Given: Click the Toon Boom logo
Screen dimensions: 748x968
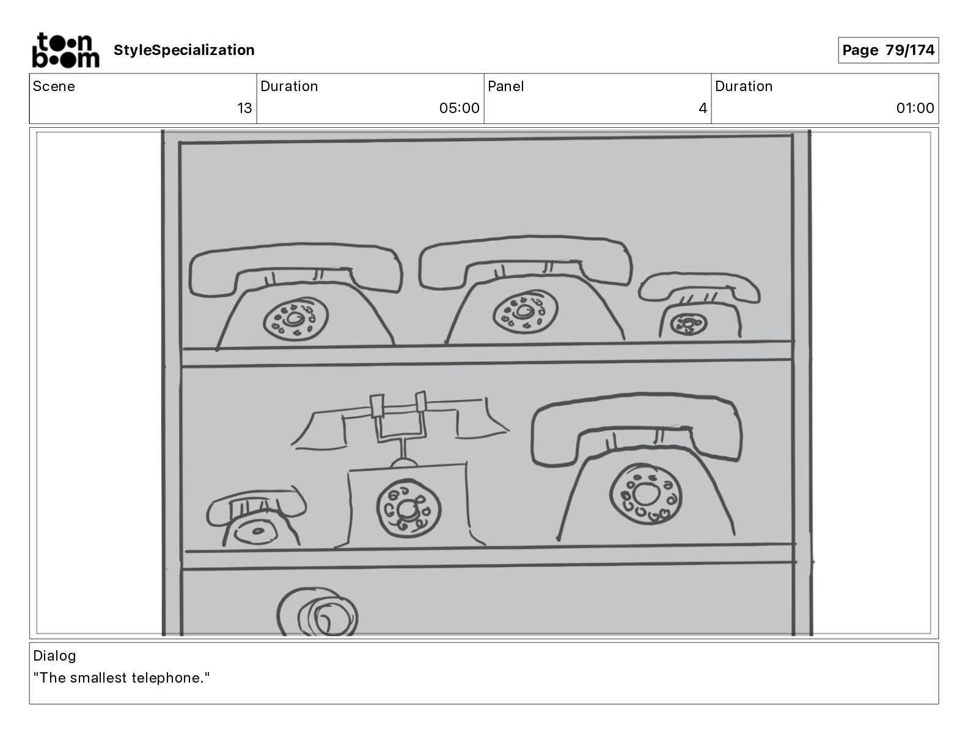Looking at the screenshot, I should (x=65, y=50).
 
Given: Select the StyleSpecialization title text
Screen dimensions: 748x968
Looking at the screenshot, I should (x=184, y=50).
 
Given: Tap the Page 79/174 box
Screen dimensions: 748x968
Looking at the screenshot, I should (x=888, y=50).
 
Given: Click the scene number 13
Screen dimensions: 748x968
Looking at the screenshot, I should (x=244, y=108).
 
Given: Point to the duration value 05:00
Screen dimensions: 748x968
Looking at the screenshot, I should (x=459, y=108).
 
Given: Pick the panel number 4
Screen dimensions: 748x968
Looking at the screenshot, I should (x=703, y=108).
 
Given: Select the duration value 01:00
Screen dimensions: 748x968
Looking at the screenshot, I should (x=915, y=108).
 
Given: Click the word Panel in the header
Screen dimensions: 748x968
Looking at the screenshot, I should (x=505, y=86).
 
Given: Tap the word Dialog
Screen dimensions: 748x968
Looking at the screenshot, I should (x=54, y=656).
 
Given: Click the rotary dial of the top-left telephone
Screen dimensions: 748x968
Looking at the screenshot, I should (x=296, y=319).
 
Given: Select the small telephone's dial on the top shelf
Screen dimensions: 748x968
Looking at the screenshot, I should (x=688, y=324).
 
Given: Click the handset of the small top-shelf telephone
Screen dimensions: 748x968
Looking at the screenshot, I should (x=699, y=285).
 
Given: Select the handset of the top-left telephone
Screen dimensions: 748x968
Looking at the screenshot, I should (x=296, y=264).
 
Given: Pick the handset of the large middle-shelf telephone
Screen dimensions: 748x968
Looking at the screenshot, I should (x=636, y=425).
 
